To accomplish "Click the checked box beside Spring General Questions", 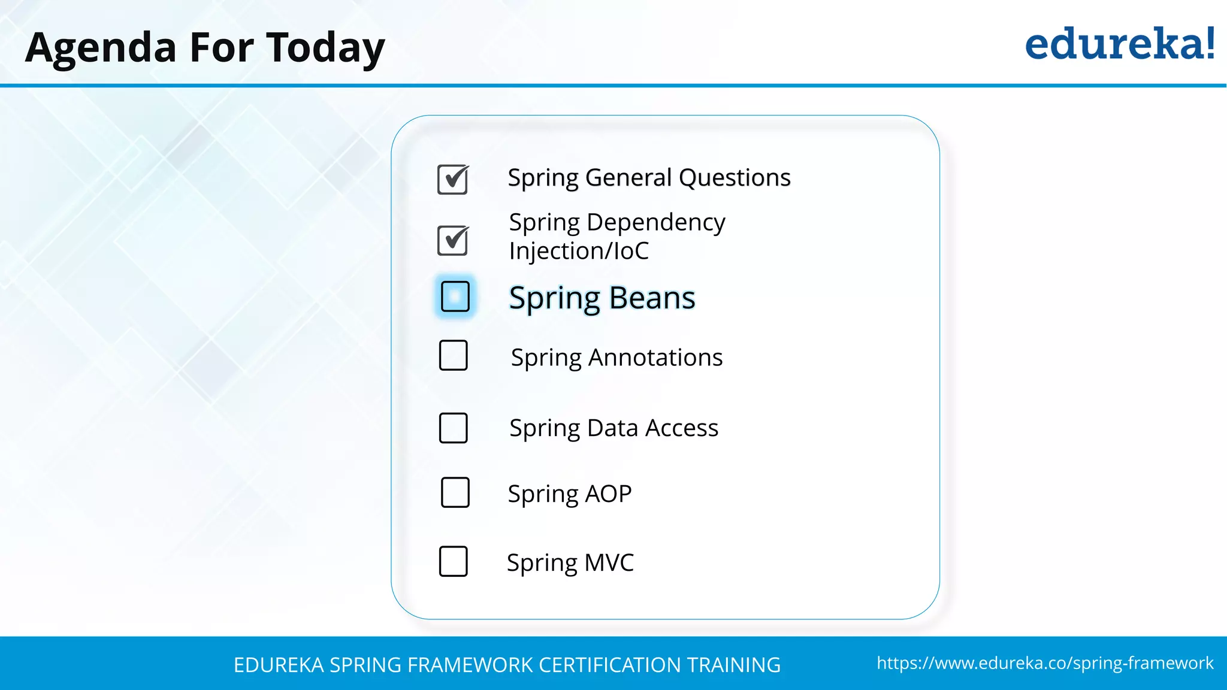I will [x=452, y=180].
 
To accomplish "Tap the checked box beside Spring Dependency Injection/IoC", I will [x=452, y=241].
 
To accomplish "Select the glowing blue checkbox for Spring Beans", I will [x=455, y=296].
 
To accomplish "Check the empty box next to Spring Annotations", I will [x=453, y=356].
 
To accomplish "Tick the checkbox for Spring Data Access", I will [x=453, y=428].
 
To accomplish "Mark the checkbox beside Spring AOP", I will [x=455, y=492].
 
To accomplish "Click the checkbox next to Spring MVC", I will [x=453, y=561].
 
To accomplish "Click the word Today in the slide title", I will [x=325, y=48].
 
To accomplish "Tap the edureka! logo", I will [x=1119, y=44].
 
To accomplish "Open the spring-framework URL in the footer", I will [x=1045, y=663].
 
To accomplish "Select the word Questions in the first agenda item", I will [x=735, y=178].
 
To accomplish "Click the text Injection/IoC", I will [x=579, y=251].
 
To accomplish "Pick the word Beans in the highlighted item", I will [x=652, y=298].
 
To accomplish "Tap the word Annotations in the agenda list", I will [x=655, y=358].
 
